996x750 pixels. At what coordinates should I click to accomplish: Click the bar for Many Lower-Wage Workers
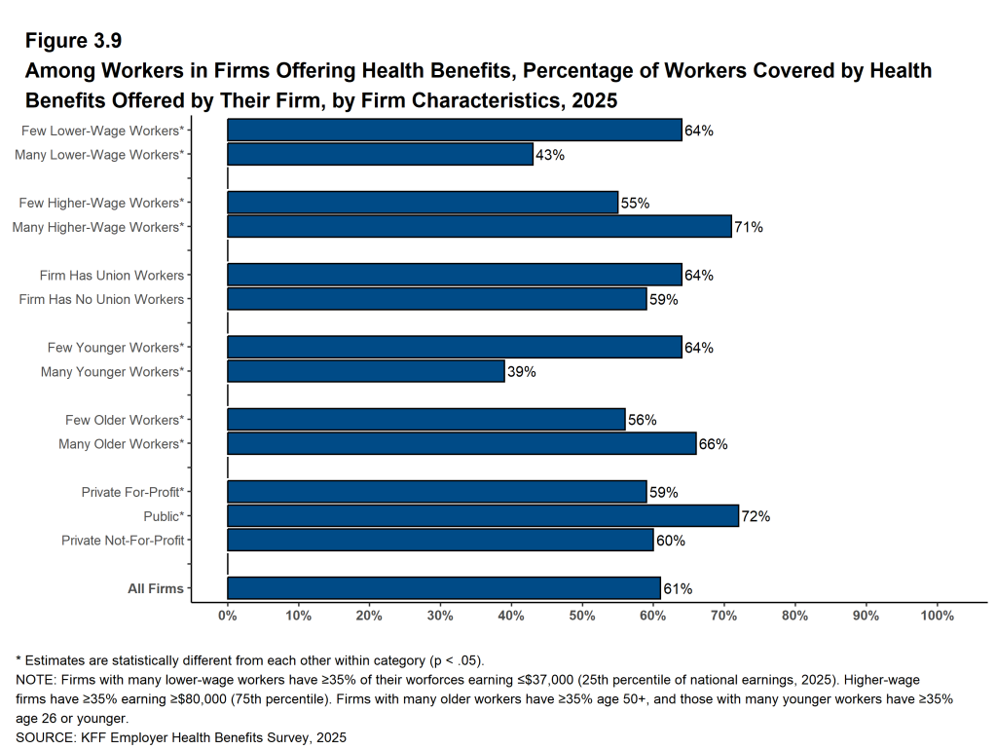coord(380,154)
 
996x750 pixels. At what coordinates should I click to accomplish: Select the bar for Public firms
coord(483,516)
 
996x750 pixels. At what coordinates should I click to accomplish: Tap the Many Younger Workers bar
coord(366,371)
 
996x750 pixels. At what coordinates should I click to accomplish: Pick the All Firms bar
coord(444,588)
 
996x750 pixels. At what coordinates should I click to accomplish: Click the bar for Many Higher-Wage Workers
coord(479,227)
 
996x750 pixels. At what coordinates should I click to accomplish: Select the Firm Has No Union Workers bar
coord(437,299)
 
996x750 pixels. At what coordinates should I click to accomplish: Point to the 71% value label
coord(749,227)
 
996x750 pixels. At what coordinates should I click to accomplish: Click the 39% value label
coord(522,371)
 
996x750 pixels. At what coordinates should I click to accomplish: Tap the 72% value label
coord(756,516)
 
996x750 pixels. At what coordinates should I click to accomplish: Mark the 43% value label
coord(550,154)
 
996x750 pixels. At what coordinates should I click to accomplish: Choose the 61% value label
coord(678,588)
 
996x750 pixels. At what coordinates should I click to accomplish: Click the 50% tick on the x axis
coord(582,616)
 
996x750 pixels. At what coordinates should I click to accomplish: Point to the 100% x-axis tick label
coord(937,616)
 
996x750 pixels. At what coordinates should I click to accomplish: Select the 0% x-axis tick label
coord(228,616)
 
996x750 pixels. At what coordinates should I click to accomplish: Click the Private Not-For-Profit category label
coord(123,541)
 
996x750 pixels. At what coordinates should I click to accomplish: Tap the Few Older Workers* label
coord(125,420)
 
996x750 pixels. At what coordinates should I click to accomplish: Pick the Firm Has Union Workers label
coord(112,276)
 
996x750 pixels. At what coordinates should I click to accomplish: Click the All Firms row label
coord(156,588)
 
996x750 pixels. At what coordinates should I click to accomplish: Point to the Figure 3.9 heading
coord(73,41)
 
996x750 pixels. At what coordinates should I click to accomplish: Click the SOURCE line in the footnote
coord(181,737)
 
